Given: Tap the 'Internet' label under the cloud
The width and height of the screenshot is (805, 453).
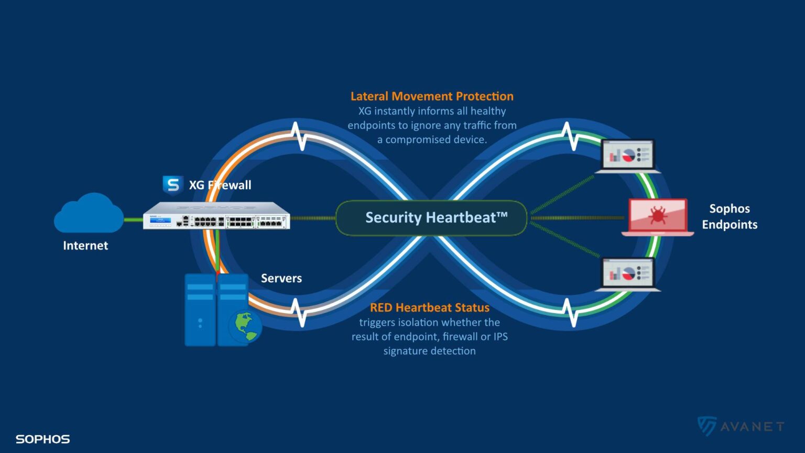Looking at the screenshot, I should pyautogui.click(x=85, y=246).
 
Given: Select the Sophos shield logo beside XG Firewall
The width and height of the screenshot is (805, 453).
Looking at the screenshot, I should pyautogui.click(x=172, y=184).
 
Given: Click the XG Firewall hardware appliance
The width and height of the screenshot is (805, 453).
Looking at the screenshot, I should pyautogui.click(x=216, y=216).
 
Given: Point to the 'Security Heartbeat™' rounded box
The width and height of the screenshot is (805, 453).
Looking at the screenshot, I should pyautogui.click(x=431, y=218).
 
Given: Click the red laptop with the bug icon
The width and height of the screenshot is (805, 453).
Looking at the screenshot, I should pyautogui.click(x=658, y=217).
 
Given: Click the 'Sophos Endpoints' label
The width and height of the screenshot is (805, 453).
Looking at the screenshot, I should pyautogui.click(x=730, y=217).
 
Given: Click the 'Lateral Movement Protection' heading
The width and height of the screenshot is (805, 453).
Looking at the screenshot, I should pyautogui.click(x=432, y=96).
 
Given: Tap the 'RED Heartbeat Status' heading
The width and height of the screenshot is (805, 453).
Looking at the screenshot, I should pyautogui.click(x=430, y=308).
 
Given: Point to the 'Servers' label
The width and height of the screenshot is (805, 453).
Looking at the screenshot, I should pyautogui.click(x=281, y=279).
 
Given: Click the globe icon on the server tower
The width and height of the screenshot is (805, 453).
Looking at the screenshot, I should pyautogui.click(x=245, y=326).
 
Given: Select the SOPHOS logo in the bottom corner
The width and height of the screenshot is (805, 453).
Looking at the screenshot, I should pyautogui.click(x=43, y=439).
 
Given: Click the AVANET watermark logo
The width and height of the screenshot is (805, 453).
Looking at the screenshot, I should pyautogui.click(x=741, y=426).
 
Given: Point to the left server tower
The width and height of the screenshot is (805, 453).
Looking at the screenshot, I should pyautogui.click(x=200, y=310).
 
